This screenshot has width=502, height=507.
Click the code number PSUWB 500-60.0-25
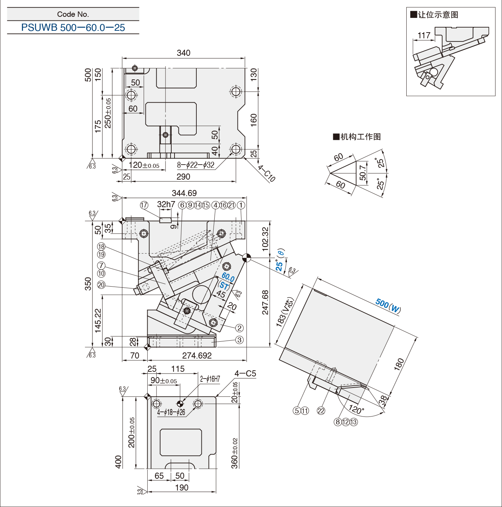[x=73, y=28]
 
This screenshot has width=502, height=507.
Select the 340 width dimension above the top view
[x=183, y=53]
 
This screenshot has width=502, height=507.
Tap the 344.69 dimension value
[x=184, y=193]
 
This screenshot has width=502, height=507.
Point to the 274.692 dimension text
[x=197, y=355]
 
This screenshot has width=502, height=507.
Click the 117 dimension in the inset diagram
[x=424, y=35]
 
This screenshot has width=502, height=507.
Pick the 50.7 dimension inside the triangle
[x=363, y=172]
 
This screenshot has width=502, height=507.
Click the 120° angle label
[x=356, y=409]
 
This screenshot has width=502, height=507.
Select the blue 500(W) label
[x=388, y=305]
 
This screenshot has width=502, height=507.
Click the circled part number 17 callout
[x=144, y=205]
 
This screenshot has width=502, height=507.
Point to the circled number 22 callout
[x=321, y=411]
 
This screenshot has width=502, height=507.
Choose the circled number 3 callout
[x=239, y=340]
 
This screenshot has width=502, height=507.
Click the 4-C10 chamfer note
[x=267, y=174]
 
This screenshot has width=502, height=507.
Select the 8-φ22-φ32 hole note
[x=196, y=165]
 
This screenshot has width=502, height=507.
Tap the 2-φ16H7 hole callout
[x=210, y=379]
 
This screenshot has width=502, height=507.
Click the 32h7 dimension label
[x=166, y=204]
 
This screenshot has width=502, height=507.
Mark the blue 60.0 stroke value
[x=228, y=277]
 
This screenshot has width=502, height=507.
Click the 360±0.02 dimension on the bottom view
[x=235, y=453]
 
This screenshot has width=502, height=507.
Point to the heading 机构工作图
[x=357, y=137]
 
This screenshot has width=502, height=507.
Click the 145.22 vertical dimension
[x=97, y=321]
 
